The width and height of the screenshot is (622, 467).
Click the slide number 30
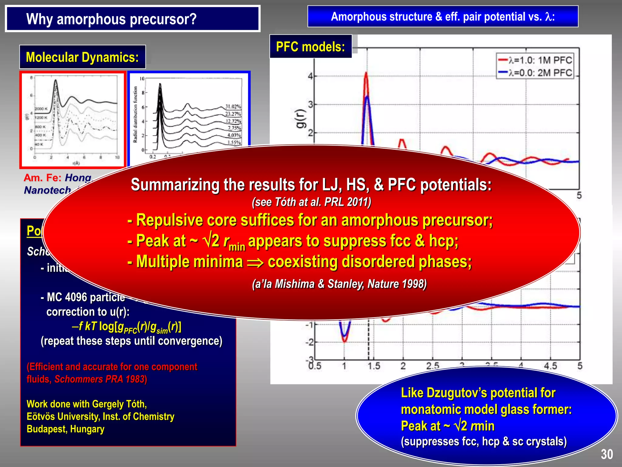pos(607,454)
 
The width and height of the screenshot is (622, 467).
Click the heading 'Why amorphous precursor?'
pos(111,19)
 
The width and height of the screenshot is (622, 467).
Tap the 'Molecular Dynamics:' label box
pos(82,57)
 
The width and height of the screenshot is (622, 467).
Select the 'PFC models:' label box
pos(310,47)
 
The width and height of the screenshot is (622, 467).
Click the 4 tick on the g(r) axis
pos(310,76)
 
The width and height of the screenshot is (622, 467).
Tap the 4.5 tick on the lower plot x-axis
pos(550,366)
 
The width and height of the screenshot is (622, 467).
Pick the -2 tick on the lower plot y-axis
pos(309,342)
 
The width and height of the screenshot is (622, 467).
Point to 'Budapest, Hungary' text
pos(65,429)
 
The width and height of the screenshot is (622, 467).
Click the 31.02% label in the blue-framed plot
pos(233,106)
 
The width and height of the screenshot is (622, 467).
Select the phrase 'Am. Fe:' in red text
pos(43,178)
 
